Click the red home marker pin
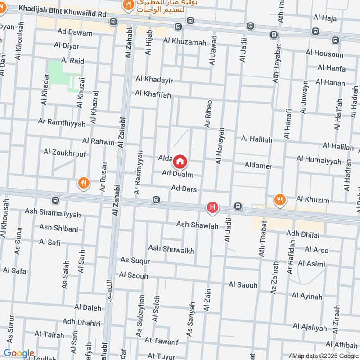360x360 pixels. pos(180,161)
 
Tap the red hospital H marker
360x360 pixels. pos(212,208)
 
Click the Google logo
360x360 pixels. pos(18,354)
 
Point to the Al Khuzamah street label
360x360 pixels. pos(184,41)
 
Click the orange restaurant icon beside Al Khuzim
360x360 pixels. pos(280,199)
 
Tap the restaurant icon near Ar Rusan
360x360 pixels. pos(83,183)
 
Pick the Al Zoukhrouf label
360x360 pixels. pos(65,153)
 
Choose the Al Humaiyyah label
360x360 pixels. pos(319,159)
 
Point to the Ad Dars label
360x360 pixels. pos(184,189)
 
